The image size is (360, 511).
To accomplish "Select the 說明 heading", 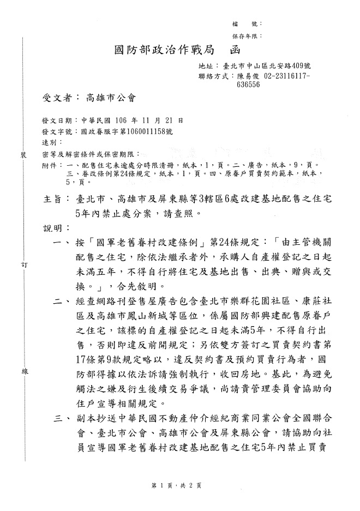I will [52, 226].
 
